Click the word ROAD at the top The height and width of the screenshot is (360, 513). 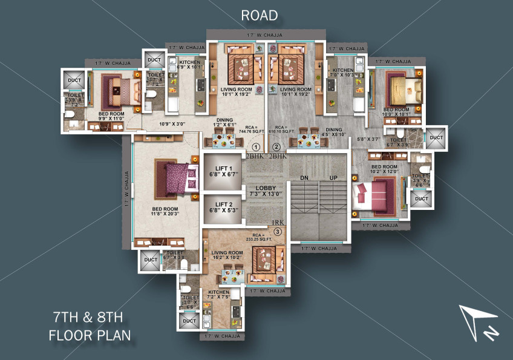(259, 15)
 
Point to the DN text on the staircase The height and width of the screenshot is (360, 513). (305, 178)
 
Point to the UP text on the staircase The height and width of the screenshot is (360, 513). (333, 178)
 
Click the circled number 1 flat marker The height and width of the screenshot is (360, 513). (256, 147)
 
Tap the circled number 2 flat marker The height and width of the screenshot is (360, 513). (276, 147)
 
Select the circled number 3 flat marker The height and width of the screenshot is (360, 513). (278, 231)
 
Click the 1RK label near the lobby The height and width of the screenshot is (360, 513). (278, 223)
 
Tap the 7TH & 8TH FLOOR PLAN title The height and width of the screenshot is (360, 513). (90, 325)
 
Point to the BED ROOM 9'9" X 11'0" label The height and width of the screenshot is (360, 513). (110, 116)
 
